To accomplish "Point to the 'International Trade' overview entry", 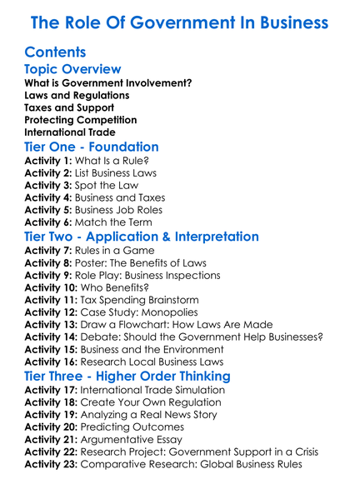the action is coord(70,131).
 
